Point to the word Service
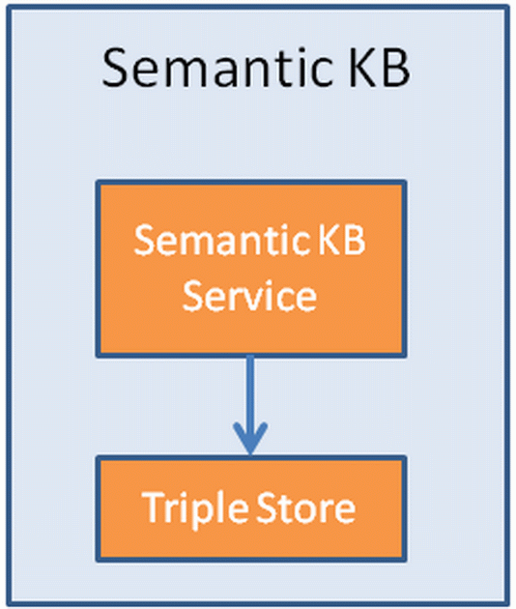250,295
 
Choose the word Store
308,507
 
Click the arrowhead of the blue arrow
250,441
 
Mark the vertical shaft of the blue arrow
250,391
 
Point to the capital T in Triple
151,507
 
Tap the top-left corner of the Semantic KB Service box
96,182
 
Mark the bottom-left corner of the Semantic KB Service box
96,354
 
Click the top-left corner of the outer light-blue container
7,7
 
